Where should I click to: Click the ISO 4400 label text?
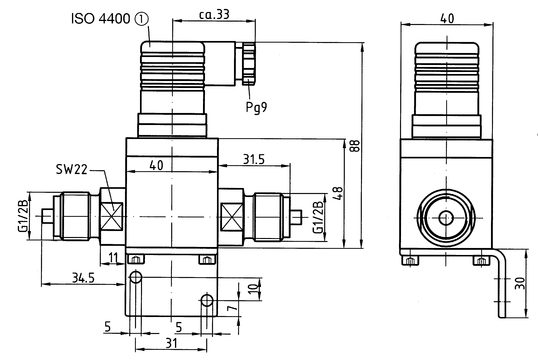tap(101, 19)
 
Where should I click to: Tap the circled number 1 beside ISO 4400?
tap(142, 19)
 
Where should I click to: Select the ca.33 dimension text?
tap(214, 14)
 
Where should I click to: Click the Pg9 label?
tap(256, 107)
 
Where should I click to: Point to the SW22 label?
tap(72, 170)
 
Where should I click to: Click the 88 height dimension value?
tap(355, 146)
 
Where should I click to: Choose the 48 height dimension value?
tap(338, 193)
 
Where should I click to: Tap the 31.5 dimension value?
tap(254, 159)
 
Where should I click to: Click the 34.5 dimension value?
tap(83, 277)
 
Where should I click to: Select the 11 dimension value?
tap(113, 257)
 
